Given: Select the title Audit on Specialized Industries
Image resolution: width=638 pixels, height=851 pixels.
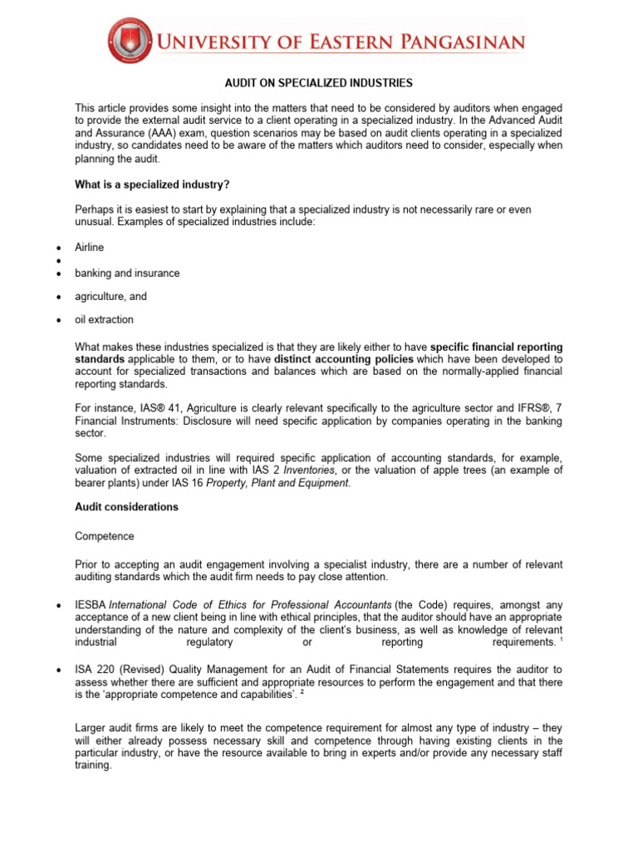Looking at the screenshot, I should pyautogui.click(x=318, y=83).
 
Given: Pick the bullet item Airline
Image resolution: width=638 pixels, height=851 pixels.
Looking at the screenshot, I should pyautogui.click(x=90, y=248).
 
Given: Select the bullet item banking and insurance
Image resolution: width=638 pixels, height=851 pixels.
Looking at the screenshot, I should pyautogui.click(x=127, y=273).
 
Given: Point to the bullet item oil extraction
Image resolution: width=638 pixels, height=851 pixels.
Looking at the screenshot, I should pyautogui.click(x=104, y=320).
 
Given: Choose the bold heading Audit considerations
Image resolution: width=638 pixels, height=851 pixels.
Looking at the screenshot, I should pyautogui.click(x=126, y=507).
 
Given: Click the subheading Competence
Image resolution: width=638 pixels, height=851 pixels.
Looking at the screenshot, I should pyautogui.click(x=104, y=538).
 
